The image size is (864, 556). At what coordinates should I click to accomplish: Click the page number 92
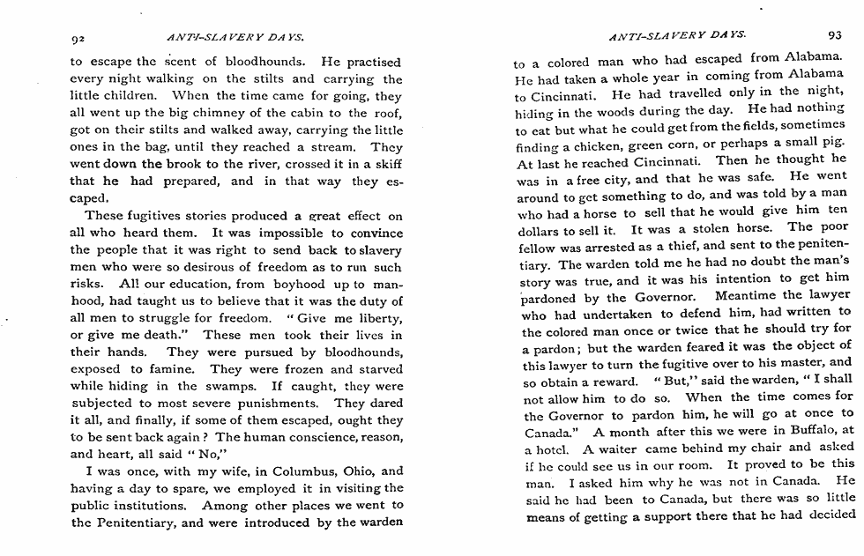pos(78,38)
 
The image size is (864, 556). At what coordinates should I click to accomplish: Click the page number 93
pos(835,35)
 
